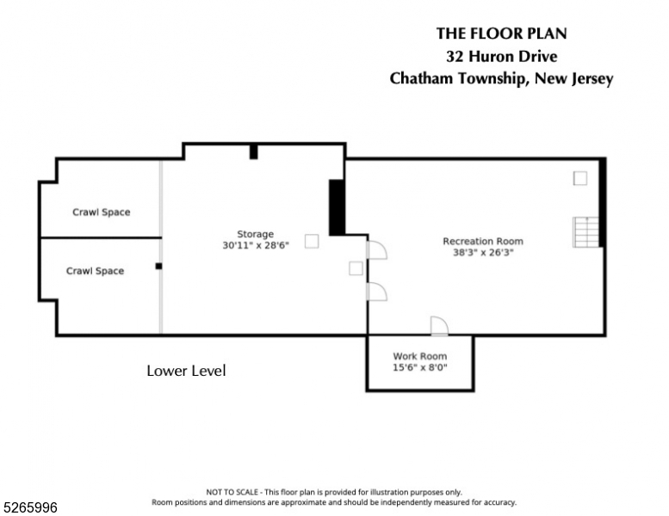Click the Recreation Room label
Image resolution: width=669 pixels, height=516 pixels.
tap(483, 241)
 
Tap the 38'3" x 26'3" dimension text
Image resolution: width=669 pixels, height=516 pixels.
tap(483, 252)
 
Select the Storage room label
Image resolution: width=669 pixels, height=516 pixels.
tap(256, 235)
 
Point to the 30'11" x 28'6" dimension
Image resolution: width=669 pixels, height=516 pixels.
tap(256, 245)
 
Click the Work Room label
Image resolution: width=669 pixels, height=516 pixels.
tap(420, 356)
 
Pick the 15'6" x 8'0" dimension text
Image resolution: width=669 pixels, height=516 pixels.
tap(420, 367)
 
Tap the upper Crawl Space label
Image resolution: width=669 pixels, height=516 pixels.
tap(101, 212)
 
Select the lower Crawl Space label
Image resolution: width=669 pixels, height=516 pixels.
tap(96, 271)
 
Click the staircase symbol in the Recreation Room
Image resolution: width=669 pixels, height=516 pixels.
tap(585, 232)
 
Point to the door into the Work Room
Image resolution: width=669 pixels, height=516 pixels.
tap(439, 327)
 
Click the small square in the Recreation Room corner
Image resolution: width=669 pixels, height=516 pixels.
tap(580, 178)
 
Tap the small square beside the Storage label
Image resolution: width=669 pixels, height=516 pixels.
tap(312, 241)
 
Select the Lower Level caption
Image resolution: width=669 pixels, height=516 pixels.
tap(186, 371)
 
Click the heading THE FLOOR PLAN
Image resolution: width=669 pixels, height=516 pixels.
tap(502, 34)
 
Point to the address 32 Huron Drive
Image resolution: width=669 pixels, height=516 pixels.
tap(502, 56)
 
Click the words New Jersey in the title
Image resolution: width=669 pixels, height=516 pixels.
tap(573, 79)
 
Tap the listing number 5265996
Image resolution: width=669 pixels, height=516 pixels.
tap(30, 507)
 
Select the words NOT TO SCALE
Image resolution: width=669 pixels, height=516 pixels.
tap(232, 492)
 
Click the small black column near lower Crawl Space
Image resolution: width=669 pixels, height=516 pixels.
tap(158, 267)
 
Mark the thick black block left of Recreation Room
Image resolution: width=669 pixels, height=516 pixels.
tap(337, 207)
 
